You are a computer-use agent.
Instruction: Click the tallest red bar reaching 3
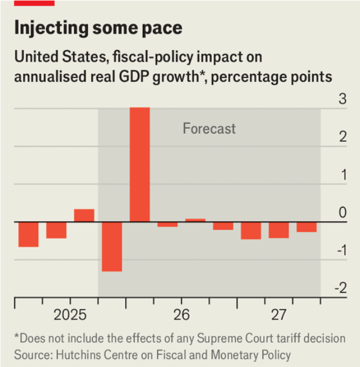pos(140,164)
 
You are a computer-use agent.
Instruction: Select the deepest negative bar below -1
pos(112,246)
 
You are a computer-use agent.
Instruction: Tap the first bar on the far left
pos(28,234)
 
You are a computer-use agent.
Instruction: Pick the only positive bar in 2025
pos(84,215)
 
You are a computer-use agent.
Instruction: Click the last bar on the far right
pos(306,227)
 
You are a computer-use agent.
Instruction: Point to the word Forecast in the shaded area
pos(209,128)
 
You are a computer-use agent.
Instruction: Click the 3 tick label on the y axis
pos(342,99)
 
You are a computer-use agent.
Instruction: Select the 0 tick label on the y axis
pos(342,213)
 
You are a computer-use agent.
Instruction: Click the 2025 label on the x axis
pos(70,314)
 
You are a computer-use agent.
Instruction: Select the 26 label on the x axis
pos(181,314)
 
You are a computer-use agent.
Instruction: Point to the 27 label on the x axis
pos(278,314)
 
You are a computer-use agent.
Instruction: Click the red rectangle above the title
pos(34,3)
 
